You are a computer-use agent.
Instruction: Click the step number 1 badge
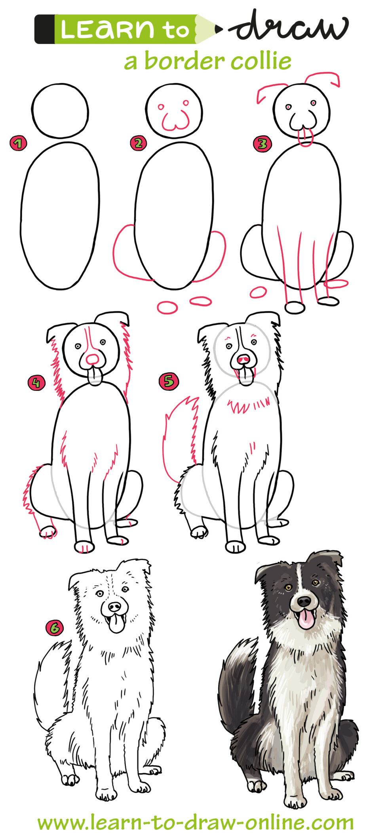[18, 143]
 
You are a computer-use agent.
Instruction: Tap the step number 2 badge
[138, 143]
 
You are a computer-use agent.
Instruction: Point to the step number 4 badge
[36, 383]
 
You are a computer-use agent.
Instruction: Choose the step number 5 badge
[169, 381]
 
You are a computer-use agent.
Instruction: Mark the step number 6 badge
[54, 628]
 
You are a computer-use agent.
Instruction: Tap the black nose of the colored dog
[304, 601]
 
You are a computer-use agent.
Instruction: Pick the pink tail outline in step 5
[180, 436]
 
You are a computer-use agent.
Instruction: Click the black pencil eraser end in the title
[44, 29]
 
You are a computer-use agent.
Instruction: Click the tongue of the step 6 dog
[116, 624]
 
